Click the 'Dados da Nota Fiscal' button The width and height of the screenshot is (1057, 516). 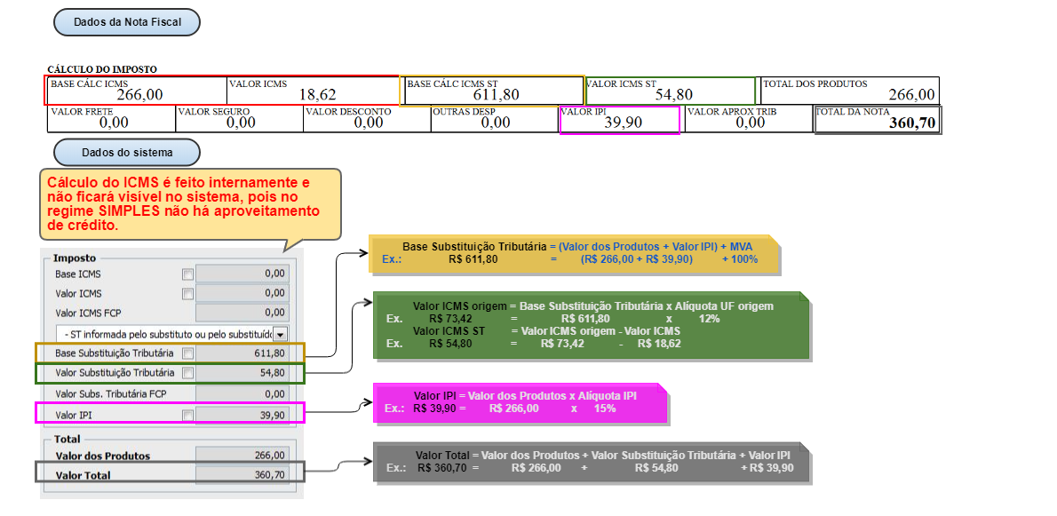click(126, 22)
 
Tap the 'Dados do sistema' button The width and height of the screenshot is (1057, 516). click(126, 153)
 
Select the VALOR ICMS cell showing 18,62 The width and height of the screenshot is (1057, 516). click(313, 91)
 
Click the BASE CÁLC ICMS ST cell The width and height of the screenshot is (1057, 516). click(493, 91)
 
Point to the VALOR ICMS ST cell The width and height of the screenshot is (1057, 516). click(671, 91)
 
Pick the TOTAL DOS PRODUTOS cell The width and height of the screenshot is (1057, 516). click(849, 91)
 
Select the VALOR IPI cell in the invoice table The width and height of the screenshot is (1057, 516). click(620, 119)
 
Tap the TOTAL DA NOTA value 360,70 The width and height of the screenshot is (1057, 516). click(912, 123)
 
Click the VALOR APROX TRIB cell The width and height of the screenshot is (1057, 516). click(748, 119)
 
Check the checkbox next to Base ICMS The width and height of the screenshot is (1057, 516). click(187, 274)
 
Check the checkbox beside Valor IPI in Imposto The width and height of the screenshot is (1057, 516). click(187, 414)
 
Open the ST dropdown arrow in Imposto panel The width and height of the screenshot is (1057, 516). click(281, 334)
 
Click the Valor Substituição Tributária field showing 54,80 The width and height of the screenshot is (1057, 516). click(242, 373)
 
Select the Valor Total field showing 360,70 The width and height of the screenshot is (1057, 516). click(242, 475)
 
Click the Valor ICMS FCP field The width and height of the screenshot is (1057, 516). click(242, 313)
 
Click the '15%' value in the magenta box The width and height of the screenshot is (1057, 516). click(605, 409)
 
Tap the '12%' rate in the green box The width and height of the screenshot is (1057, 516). click(709, 318)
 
